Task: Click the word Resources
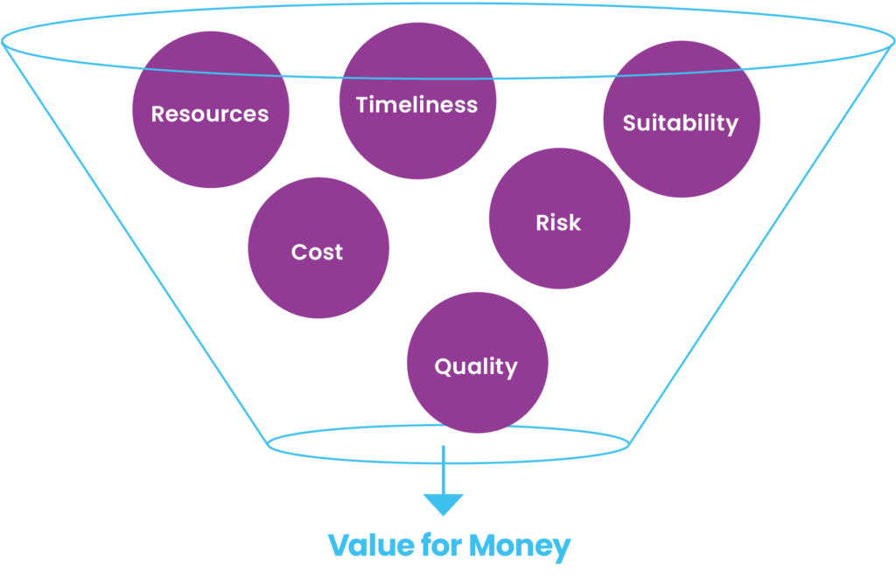coord(210,114)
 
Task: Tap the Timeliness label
coord(416,105)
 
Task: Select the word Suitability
coord(680,123)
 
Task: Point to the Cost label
coord(317,252)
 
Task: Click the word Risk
coord(558,223)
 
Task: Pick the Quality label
coord(476,366)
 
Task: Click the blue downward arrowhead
coord(443,504)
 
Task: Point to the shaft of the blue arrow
coord(443,468)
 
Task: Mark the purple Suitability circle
coord(681,162)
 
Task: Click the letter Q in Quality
coord(443,366)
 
